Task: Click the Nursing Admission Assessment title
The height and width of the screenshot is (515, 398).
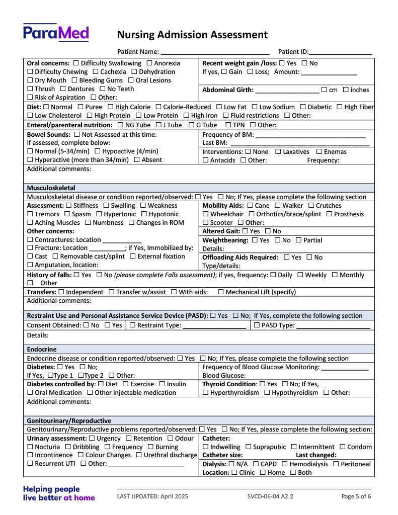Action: (x=192, y=35)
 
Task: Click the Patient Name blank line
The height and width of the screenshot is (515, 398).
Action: (x=215, y=51)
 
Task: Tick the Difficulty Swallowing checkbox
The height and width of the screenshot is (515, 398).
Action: (x=76, y=63)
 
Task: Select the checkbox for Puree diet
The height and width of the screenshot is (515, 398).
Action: (x=82, y=107)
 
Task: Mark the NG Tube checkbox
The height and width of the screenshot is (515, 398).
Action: (x=120, y=125)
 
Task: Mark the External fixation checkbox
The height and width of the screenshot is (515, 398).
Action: (x=133, y=256)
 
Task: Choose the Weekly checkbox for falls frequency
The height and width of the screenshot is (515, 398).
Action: (x=300, y=275)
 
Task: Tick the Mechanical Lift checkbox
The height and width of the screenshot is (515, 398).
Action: (x=221, y=292)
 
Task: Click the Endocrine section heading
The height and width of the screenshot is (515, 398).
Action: (x=42, y=349)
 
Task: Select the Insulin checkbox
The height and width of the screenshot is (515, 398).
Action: (x=162, y=384)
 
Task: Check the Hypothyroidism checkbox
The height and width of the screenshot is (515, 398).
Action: (x=267, y=393)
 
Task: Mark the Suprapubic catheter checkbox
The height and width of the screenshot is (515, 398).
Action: (x=248, y=447)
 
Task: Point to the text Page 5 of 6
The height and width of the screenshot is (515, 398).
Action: (x=356, y=496)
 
